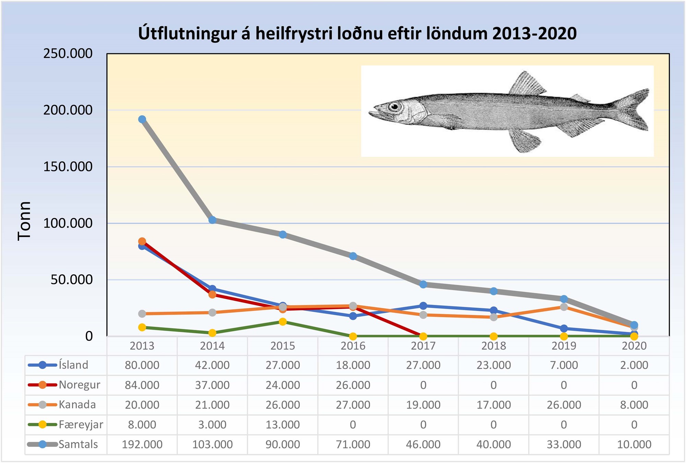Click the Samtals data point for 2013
point(142,119)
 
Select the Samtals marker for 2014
point(212,220)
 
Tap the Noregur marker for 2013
point(142,241)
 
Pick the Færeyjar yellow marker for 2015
point(283,322)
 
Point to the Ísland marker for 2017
point(423,306)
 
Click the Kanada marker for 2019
point(564,307)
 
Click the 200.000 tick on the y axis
point(68,110)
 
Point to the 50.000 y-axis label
point(71,280)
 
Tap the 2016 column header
point(353,346)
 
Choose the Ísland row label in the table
point(73,365)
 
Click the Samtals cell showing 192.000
point(142,444)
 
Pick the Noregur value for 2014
point(212,385)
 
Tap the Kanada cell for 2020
point(634,405)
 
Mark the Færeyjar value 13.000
point(283,425)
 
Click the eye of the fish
point(394,107)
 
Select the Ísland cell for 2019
point(564,365)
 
